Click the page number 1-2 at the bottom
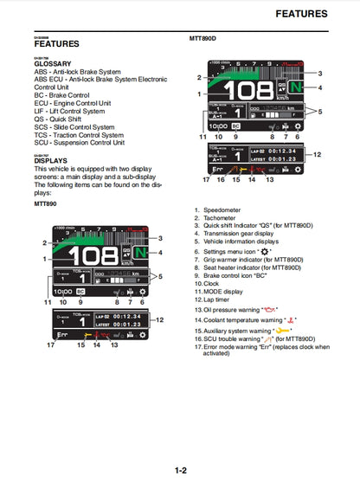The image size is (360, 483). coord(180,470)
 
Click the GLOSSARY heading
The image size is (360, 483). coord(53,64)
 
